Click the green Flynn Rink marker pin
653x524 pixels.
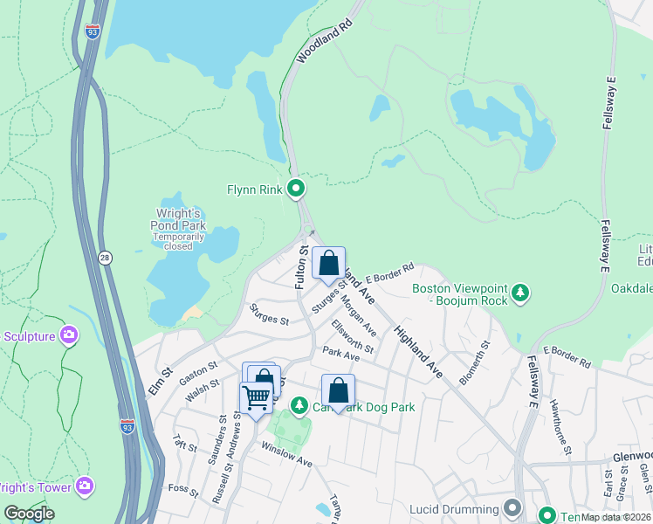[x=296, y=188]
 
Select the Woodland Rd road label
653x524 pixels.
[x=316, y=43]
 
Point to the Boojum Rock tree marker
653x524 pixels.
[x=520, y=292]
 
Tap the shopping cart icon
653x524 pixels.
[x=256, y=398]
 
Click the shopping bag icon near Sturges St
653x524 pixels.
[x=328, y=263]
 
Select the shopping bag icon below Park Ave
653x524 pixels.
[x=338, y=390]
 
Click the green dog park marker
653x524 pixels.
[x=299, y=406]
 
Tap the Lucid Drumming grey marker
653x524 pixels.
[x=512, y=507]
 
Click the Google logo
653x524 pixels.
[x=30, y=514]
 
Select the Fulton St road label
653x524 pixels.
[x=301, y=267]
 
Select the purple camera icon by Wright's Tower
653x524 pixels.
[x=85, y=485]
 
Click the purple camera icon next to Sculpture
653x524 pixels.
[x=69, y=335]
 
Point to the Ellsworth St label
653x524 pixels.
[x=353, y=336]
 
